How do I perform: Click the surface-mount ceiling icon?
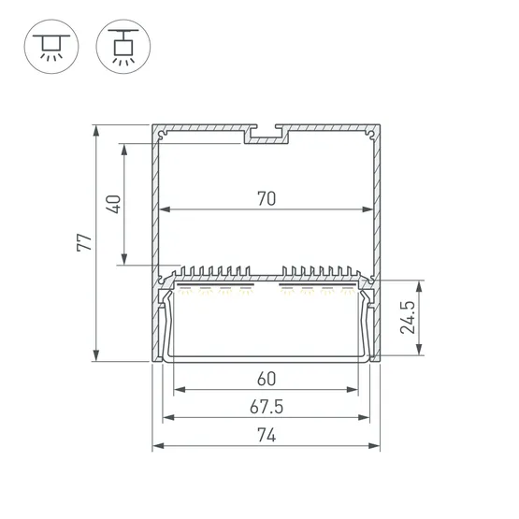click(x=51, y=47)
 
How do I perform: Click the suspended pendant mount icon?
click(x=123, y=47)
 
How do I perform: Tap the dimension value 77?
click(x=84, y=242)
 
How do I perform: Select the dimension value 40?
click(x=113, y=204)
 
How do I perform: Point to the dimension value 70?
click(x=267, y=198)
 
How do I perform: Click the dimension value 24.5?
click(x=407, y=317)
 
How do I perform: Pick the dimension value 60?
click(x=267, y=379)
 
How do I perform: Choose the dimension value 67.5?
click(x=267, y=407)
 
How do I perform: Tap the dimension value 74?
click(x=267, y=435)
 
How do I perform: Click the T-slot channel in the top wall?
click(x=267, y=135)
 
